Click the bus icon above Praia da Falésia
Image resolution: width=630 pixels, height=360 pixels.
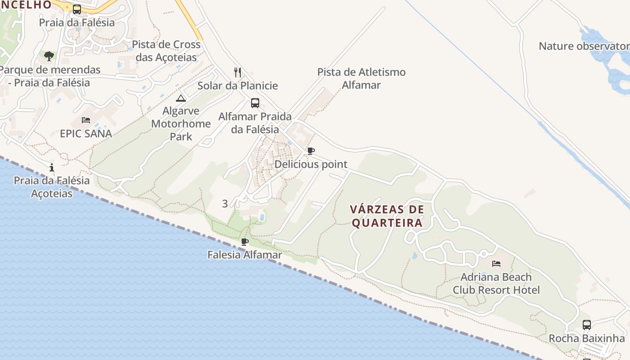77,9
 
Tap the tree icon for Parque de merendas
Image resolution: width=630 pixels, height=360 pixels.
49,56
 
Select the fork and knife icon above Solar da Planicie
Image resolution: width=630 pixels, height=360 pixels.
238,72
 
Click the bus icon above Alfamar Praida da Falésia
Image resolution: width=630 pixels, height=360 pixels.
255,103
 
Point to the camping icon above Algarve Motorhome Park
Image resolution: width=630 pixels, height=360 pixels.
181,98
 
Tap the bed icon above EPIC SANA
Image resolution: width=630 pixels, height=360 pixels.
86,120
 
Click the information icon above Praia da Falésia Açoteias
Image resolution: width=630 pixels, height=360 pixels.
52,167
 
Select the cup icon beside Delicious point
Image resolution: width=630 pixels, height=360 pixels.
310,151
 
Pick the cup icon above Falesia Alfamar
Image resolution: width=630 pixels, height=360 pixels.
245,242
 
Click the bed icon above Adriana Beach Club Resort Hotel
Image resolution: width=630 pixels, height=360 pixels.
496,263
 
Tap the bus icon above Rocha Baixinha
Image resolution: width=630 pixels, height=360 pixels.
587,324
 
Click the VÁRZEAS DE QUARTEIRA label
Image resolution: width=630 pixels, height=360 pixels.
387,216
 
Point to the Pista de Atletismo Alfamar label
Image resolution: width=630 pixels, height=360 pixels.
361,78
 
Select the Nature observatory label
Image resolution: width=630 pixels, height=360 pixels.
584,46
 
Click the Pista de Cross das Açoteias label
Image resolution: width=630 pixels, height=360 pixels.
166,51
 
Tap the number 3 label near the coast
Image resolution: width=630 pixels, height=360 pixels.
225,203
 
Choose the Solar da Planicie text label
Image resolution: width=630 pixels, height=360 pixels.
238,85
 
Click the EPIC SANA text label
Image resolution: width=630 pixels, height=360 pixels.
86,134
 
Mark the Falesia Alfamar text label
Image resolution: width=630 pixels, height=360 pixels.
245,255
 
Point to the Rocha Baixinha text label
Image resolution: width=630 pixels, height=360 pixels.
587,338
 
